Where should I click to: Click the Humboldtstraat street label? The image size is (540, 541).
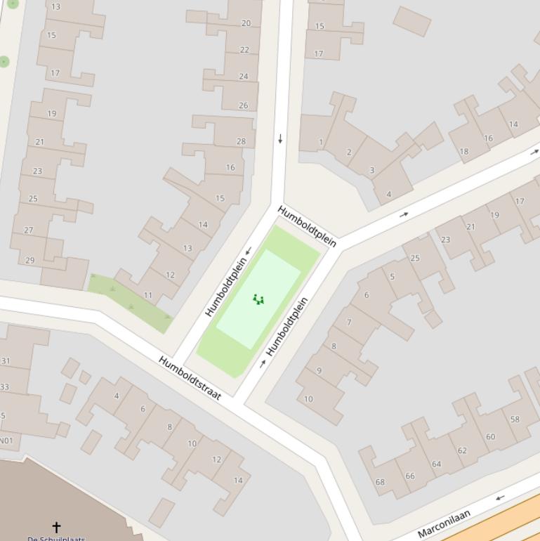[x=190, y=379]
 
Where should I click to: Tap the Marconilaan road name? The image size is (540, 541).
[x=444, y=524]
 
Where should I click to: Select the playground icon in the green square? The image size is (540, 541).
[x=258, y=300]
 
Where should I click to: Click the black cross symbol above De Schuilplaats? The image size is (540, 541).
[x=56, y=526]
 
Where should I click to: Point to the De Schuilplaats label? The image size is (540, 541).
[x=56, y=538]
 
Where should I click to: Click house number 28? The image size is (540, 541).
[x=242, y=141]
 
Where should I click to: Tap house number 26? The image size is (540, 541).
[x=243, y=105]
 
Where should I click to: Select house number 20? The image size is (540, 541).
[x=246, y=23]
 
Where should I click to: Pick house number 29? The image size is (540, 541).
[x=29, y=260]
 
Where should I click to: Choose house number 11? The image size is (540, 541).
[x=148, y=295]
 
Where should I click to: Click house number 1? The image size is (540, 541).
[x=321, y=142]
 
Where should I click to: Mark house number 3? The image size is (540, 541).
[x=371, y=170]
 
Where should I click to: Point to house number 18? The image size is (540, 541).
[x=464, y=151]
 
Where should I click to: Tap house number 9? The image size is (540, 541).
[x=319, y=370]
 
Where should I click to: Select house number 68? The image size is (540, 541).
[x=380, y=482]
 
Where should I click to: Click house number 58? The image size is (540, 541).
[x=515, y=419]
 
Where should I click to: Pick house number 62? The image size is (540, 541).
[x=462, y=450]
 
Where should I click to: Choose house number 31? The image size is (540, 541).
[x=6, y=361]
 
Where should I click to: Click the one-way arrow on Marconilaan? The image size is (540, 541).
[x=500, y=498]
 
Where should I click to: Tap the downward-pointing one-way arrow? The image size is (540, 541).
[x=280, y=139]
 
